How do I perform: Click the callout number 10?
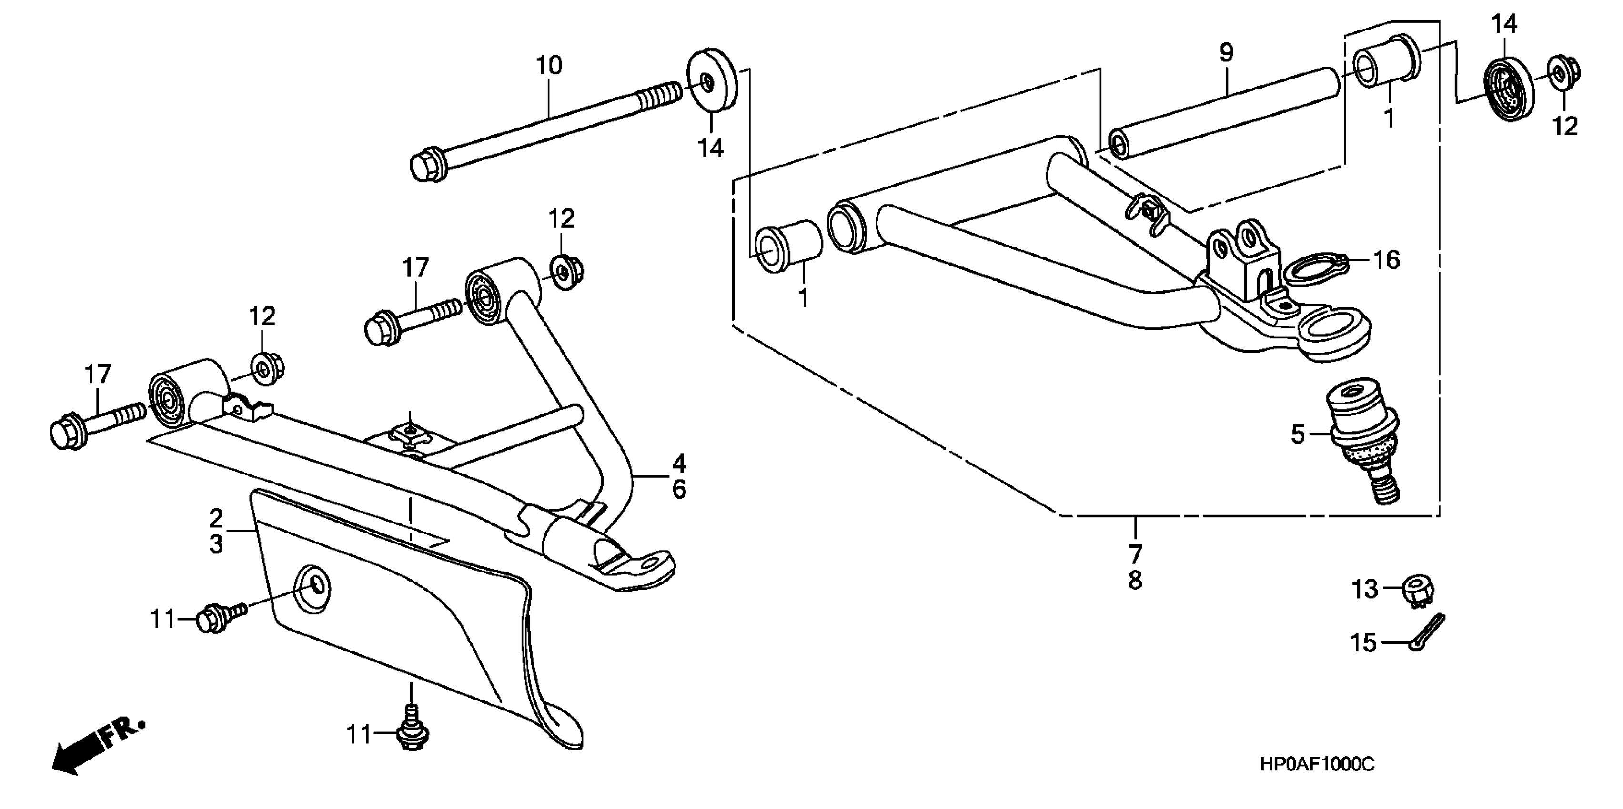[548, 66]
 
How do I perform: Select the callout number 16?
[1386, 260]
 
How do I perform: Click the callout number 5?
[1297, 434]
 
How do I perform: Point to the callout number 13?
[1365, 590]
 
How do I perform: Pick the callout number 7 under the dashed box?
[1135, 554]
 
